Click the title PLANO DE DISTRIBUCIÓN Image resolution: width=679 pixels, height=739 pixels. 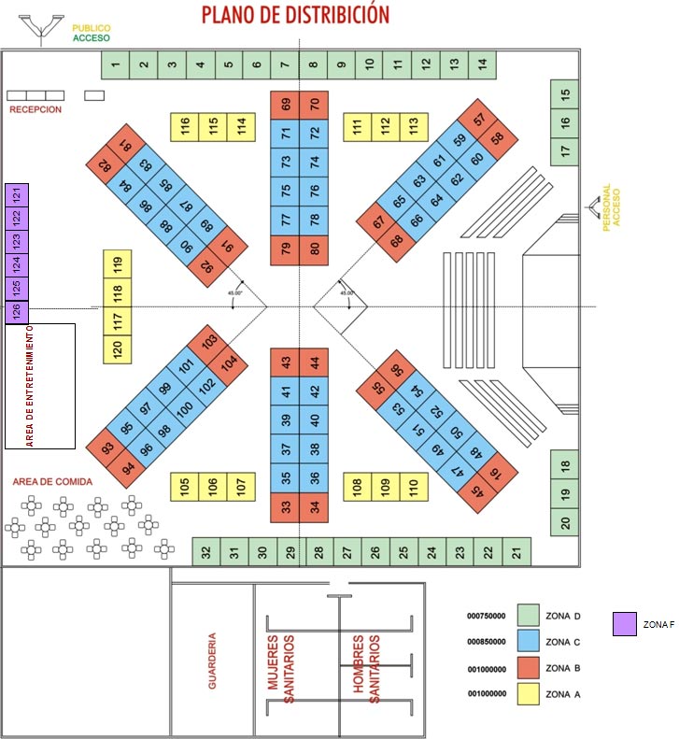pyautogui.click(x=295, y=15)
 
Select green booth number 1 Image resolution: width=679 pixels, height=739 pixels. pyautogui.click(x=115, y=64)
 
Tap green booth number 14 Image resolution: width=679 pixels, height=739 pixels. pyautogui.click(x=482, y=64)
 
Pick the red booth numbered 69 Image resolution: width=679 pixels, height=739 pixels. pyautogui.click(x=285, y=104)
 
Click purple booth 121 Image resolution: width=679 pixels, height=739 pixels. pyautogui.click(x=17, y=195)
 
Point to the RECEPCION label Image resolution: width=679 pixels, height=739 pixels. pyautogui.click(x=35, y=109)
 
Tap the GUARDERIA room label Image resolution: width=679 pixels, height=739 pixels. pyautogui.click(x=213, y=661)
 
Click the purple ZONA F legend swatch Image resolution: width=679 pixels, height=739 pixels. pyautogui.click(x=624, y=623)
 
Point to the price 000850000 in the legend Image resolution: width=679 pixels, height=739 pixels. pyautogui.click(x=487, y=642)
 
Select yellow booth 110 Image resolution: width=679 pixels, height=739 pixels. pyautogui.click(x=414, y=486)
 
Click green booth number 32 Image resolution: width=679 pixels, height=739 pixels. pyautogui.click(x=205, y=551)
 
